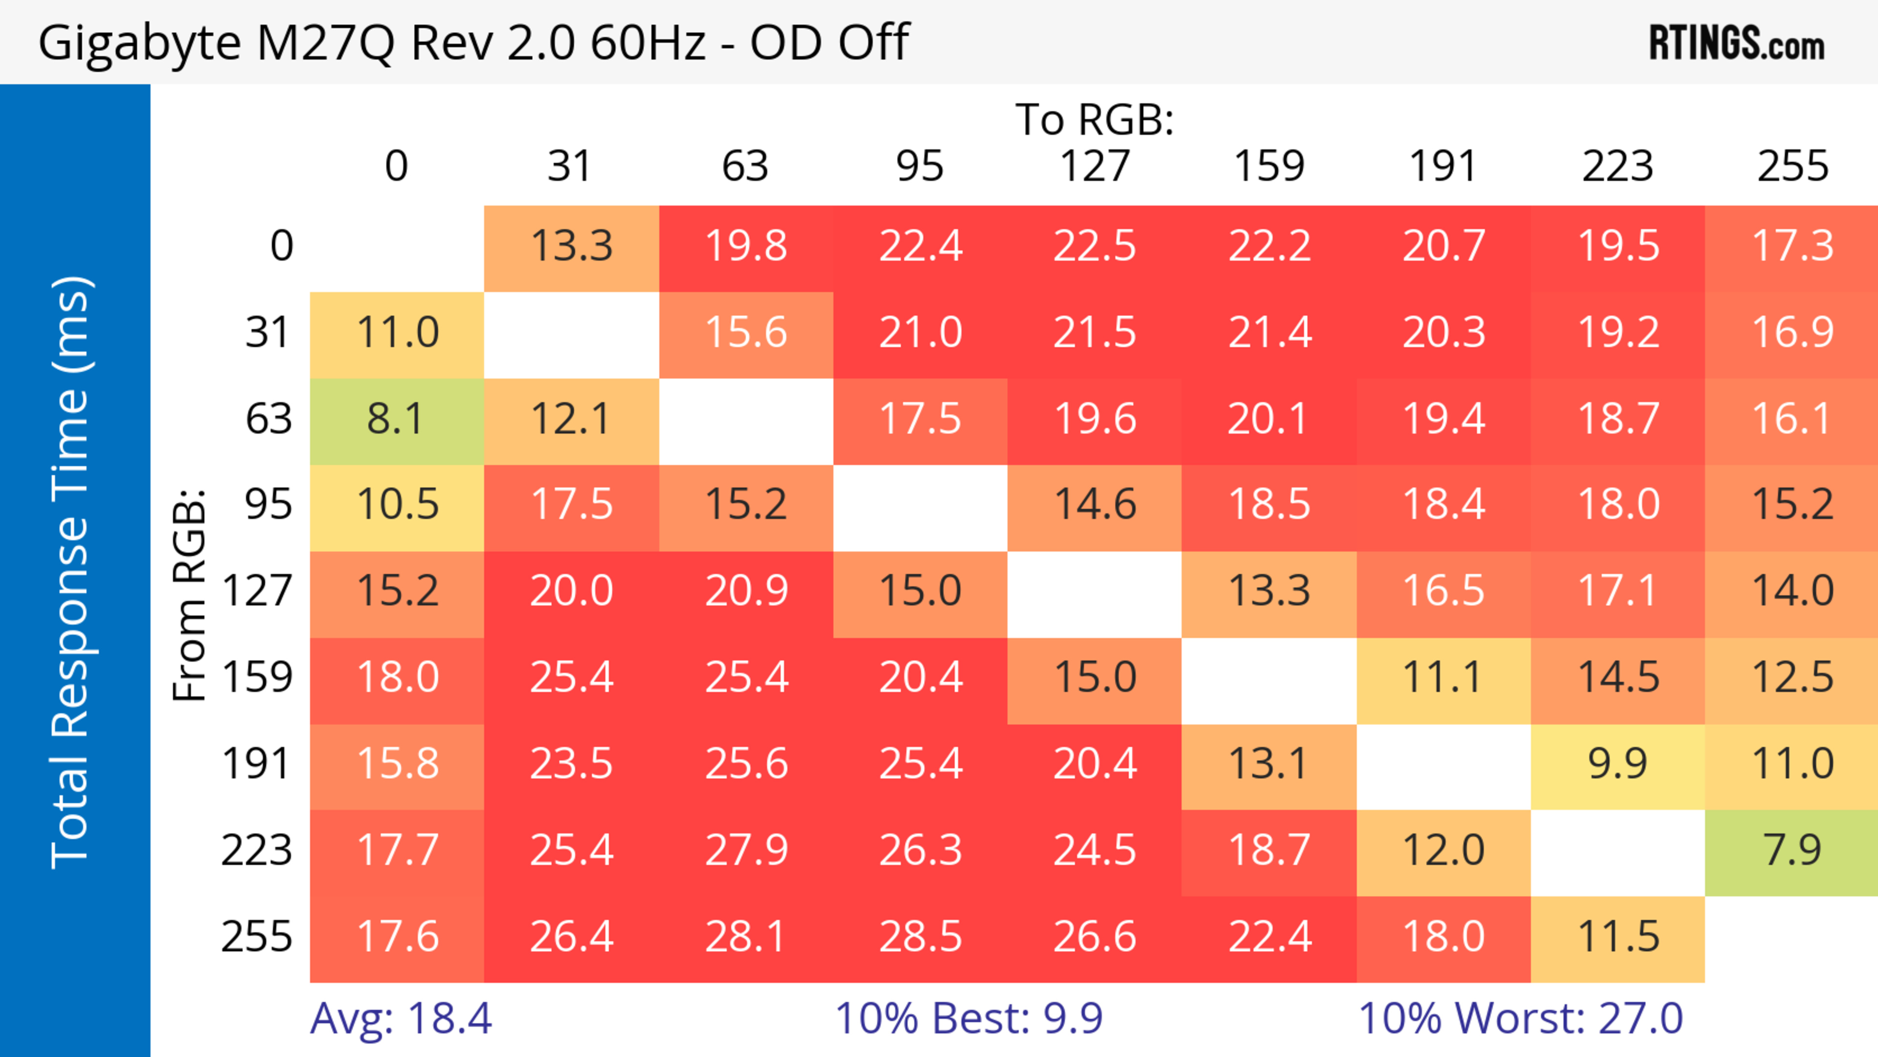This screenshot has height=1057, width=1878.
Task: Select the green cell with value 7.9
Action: [1792, 851]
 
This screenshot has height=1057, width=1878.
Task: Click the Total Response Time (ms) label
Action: [71, 572]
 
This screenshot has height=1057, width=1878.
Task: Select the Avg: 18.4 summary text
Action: [401, 1018]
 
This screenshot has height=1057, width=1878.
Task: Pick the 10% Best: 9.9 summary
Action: [968, 1018]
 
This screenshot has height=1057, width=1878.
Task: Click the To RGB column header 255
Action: [1793, 166]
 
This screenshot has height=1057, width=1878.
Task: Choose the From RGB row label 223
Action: [257, 851]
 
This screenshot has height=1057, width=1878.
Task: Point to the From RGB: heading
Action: [190, 595]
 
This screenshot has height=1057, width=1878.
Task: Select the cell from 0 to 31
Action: [571, 247]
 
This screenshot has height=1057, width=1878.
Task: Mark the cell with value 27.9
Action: [746, 851]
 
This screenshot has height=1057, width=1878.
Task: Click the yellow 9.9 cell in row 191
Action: [1618, 765]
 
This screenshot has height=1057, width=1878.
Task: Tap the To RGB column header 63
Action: [745, 166]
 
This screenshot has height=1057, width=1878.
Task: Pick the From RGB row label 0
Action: [281, 247]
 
